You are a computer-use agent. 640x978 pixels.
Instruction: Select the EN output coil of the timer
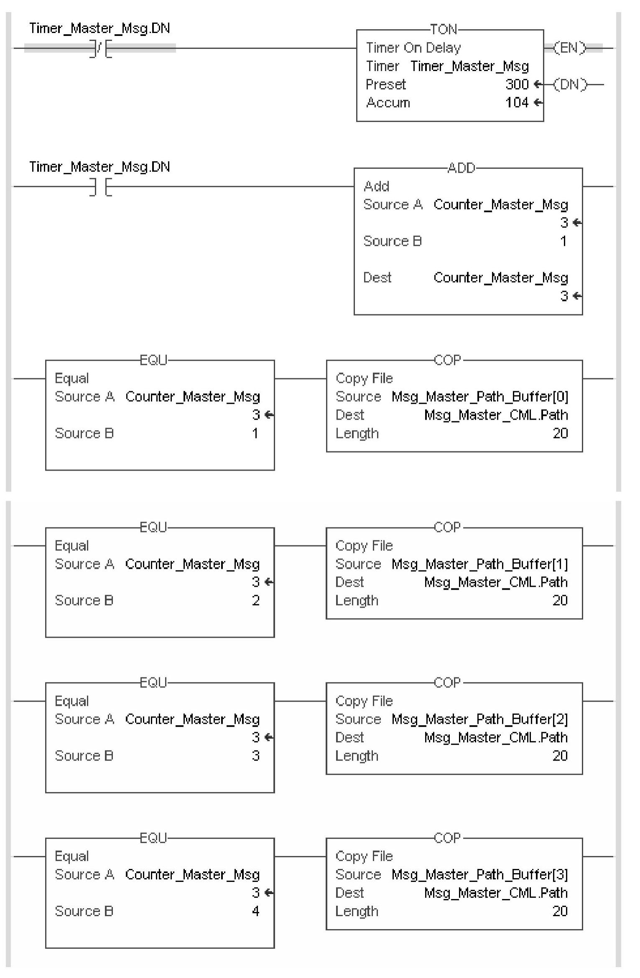click(569, 48)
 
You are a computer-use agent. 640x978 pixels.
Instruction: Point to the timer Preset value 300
click(517, 84)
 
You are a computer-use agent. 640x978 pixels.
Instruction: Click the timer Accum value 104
click(517, 103)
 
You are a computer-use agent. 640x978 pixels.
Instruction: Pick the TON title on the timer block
click(444, 29)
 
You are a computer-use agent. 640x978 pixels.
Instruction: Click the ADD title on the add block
click(462, 168)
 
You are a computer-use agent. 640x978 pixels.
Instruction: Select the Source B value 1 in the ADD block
click(564, 241)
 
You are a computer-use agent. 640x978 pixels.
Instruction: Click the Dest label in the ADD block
click(377, 278)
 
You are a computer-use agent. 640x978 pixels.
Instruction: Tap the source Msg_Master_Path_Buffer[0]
click(480, 397)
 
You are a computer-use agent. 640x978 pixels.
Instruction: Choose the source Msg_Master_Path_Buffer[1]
click(480, 564)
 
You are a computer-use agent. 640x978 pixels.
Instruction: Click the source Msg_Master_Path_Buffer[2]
click(480, 719)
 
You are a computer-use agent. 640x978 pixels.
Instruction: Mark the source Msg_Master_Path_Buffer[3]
click(480, 875)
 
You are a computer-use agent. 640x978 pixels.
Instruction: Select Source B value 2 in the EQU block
click(256, 601)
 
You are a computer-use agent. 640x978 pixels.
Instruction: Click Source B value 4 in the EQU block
click(256, 911)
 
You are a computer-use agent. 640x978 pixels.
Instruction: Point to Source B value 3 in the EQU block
click(256, 756)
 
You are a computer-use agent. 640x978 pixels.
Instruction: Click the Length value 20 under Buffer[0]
click(560, 433)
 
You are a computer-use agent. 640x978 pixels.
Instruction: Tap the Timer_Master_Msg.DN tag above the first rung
click(99, 28)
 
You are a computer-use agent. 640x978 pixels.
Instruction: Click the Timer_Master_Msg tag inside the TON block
click(469, 66)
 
